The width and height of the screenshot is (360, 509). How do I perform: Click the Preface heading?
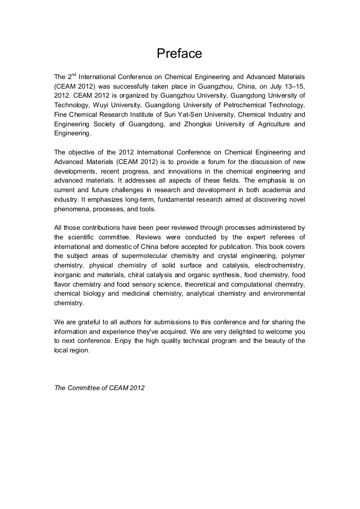click(x=179, y=54)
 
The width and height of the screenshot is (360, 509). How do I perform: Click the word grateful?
click(x=87, y=322)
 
